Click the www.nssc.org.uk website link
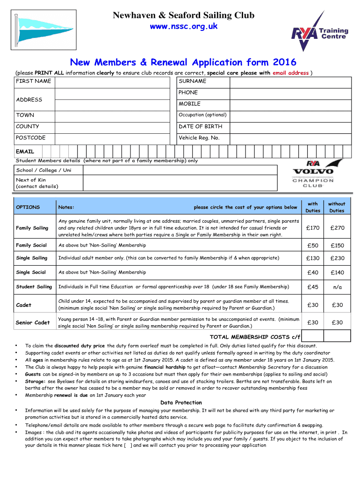click(x=183, y=27)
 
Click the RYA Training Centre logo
click(x=320, y=31)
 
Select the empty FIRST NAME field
click(x=115, y=81)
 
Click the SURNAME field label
click(x=192, y=81)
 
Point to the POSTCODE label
click(x=31, y=138)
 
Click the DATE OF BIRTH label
click(x=201, y=126)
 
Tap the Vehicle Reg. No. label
click(x=199, y=138)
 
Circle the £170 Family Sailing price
click(x=313, y=228)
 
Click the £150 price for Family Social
click(x=337, y=246)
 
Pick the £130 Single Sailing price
click(x=313, y=258)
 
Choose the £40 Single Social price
click(x=313, y=273)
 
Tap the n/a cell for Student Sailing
click(x=337, y=287)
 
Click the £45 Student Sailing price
click(x=313, y=287)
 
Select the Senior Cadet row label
click(x=33, y=323)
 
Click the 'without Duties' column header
click(x=337, y=207)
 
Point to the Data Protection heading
click(x=181, y=403)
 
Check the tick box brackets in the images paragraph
click(x=128, y=446)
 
